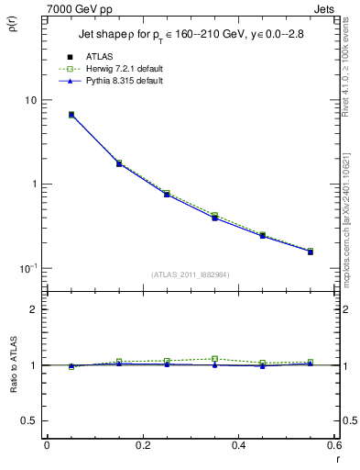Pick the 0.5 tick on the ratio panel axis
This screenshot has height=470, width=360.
(x=32, y=420)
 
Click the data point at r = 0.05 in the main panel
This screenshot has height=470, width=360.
(x=71, y=115)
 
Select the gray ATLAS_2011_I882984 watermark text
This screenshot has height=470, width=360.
(x=190, y=274)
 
